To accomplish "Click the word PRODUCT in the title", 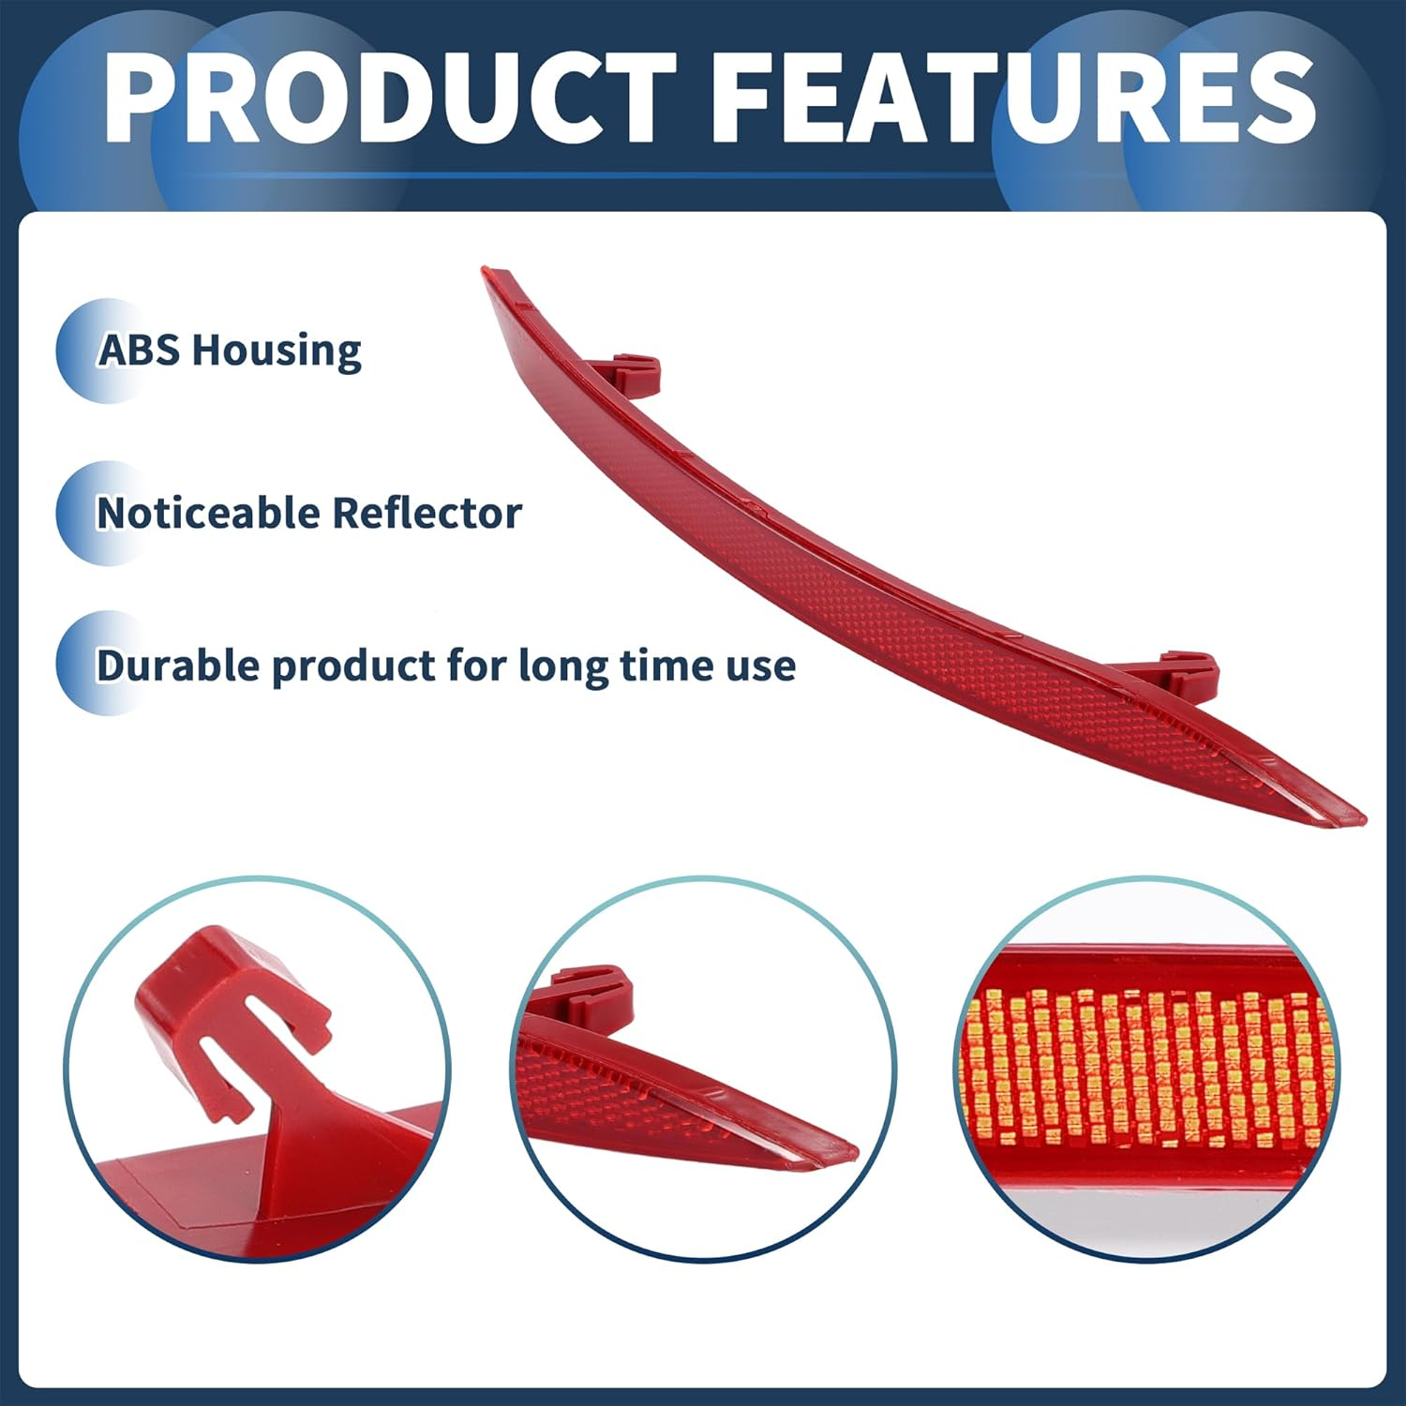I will (x=389, y=97).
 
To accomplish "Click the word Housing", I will (x=277, y=351).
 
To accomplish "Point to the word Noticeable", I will (x=208, y=513).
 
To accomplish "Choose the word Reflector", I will (x=426, y=513).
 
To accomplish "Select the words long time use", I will (x=656, y=666).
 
